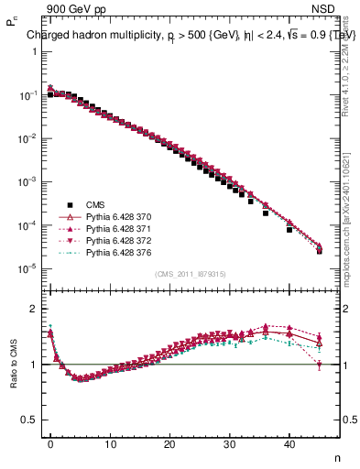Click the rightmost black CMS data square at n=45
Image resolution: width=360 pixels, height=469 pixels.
[x=319, y=250]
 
